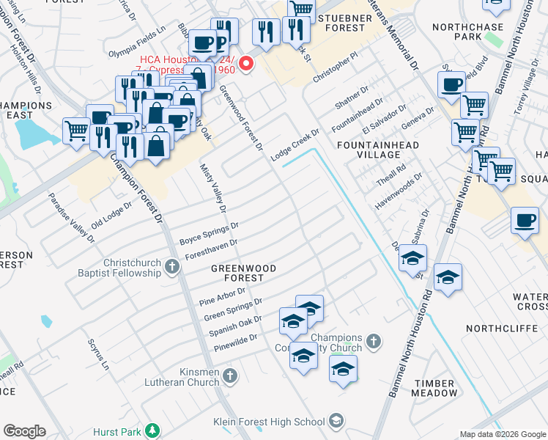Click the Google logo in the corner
point(24,431)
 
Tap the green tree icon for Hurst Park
point(152,430)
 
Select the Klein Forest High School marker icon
point(336,421)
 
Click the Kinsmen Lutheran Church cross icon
point(230,377)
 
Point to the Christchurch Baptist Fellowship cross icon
point(172,266)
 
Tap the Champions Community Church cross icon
point(373,341)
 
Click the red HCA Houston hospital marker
point(247,64)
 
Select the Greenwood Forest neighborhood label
point(243,273)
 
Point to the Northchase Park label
point(467,32)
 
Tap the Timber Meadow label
point(434,388)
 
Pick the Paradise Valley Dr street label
point(71,218)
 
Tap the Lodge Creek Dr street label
point(295,144)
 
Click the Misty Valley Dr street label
point(214,190)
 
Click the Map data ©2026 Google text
point(502,434)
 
